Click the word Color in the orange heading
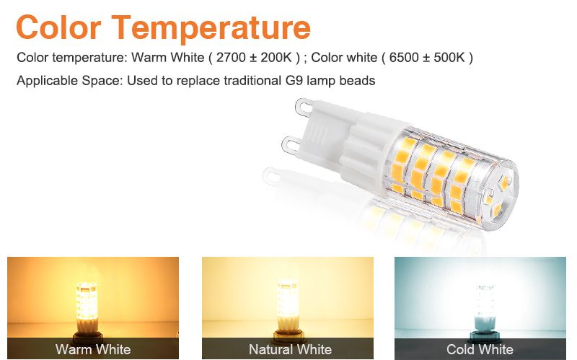(x=58, y=27)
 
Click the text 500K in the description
(x=449, y=58)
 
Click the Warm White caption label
(x=93, y=349)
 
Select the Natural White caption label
(x=291, y=349)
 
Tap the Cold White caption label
(x=480, y=349)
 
